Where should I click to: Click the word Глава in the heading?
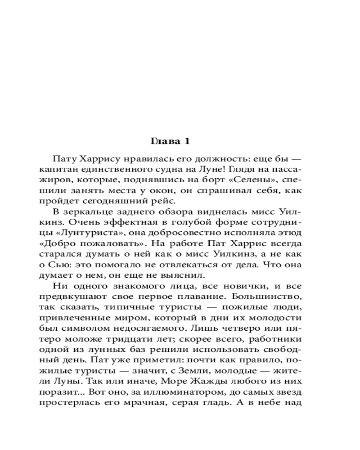coord(163,141)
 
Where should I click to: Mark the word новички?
coord(249,287)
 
